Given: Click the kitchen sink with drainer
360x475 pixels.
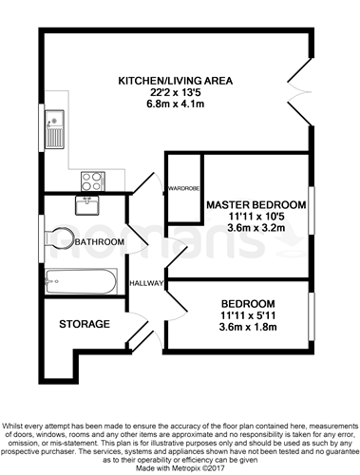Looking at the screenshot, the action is [54, 129].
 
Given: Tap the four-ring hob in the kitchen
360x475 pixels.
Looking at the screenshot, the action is [93, 181].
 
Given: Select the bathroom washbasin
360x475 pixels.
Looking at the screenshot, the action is [87, 205].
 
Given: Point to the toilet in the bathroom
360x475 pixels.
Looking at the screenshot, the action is [60, 237].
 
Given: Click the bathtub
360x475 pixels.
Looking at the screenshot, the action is [81, 281].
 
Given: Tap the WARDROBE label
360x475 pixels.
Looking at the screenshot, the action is [183, 188].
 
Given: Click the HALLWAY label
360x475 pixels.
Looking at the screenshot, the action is [146, 283].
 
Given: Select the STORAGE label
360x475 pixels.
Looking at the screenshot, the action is [85, 324].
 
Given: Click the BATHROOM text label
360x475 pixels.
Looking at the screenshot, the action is [100, 242].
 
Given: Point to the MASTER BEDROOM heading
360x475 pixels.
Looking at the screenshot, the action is [256, 204].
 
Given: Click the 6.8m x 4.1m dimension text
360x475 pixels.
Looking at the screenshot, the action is [175, 104].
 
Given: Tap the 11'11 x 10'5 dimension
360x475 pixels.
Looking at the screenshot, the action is [256, 217].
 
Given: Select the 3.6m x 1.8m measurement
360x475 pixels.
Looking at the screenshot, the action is [248, 327].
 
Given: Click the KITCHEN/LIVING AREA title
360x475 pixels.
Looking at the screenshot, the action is [176, 81].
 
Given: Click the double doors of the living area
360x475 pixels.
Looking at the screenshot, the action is [300, 91].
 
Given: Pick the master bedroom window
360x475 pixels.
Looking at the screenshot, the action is [312, 211].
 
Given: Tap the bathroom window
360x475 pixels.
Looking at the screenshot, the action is [42, 238].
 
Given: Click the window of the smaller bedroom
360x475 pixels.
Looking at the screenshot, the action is [312, 316].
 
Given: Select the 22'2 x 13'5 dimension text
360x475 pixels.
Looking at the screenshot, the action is [176, 92].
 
